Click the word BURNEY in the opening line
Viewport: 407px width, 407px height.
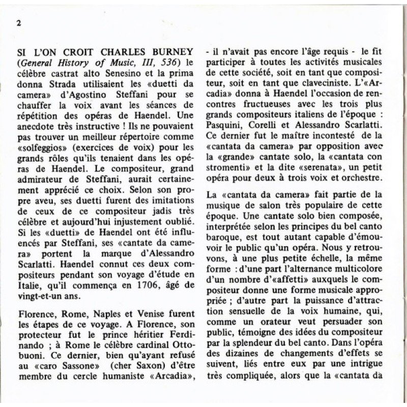click(x=172, y=52)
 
